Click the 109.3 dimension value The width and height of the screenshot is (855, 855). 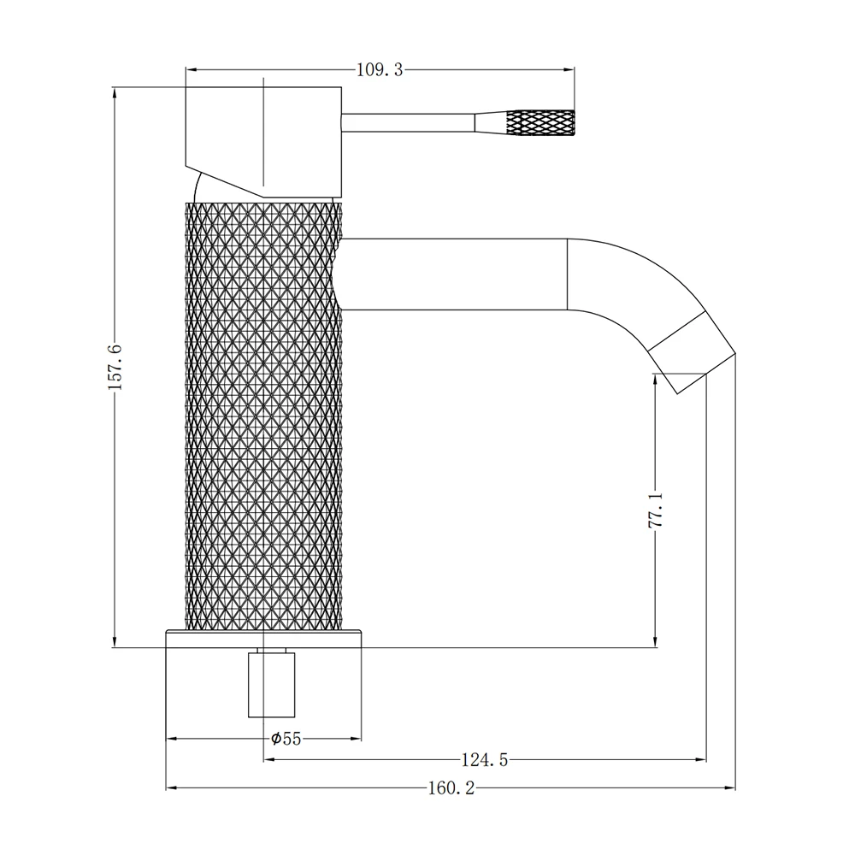click(380, 70)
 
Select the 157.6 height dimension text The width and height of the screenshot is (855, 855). click(115, 367)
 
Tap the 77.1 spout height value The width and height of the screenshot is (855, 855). click(656, 510)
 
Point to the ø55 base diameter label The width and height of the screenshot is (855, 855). click(286, 739)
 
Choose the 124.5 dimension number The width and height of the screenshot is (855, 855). click(485, 759)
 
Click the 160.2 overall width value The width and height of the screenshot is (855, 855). click(451, 788)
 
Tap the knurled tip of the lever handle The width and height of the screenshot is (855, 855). click(541, 122)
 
